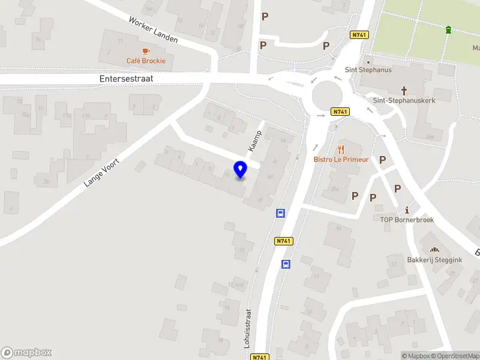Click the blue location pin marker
tap(240, 170)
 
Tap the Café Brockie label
tap(146, 61)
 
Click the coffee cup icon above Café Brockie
tap(146, 51)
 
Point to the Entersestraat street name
tap(127, 79)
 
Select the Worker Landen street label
tap(153, 29)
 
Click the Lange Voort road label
tap(103, 173)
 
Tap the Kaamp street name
tap(256, 140)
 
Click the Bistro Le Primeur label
tap(341, 160)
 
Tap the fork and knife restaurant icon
tap(341, 149)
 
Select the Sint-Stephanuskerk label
tap(404, 101)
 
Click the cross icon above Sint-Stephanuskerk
tap(404, 91)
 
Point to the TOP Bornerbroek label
tap(407, 220)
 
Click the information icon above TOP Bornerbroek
tap(407, 210)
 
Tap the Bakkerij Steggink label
tap(435, 260)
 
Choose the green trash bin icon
tap(448, 29)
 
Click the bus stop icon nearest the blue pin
tap(280, 213)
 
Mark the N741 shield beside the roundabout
tap(340, 112)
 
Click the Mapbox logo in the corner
tap(26, 353)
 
